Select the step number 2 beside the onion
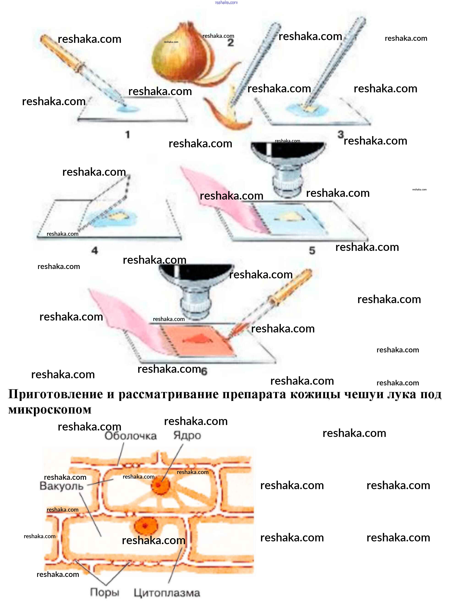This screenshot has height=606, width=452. point(231,43)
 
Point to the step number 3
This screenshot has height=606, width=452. point(340,134)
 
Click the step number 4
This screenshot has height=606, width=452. point(95,250)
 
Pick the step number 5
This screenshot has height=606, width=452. point(312,250)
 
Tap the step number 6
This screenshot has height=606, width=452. point(204,371)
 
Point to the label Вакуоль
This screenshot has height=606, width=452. point(61,486)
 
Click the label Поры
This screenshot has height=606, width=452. point(105,592)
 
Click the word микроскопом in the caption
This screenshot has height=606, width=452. point(50,410)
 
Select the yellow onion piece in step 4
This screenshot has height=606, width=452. point(118,216)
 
